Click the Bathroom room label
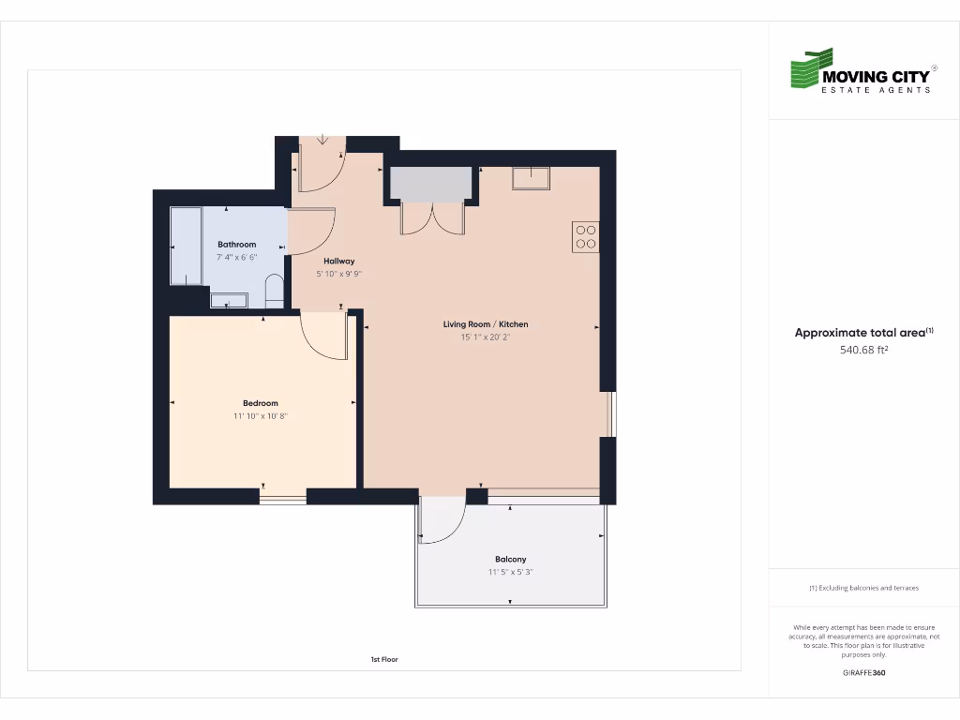(x=236, y=245)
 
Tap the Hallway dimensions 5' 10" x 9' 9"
(x=338, y=275)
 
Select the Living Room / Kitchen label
(x=485, y=324)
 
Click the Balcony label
(x=511, y=560)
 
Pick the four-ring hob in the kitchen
(x=586, y=236)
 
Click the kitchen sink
(x=531, y=177)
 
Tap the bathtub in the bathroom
(x=186, y=246)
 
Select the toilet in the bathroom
(x=275, y=291)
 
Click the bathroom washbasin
(x=229, y=300)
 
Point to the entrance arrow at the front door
(x=322, y=140)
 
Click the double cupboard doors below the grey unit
(x=432, y=218)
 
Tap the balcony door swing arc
(x=442, y=521)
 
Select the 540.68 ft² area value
(x=863, y=351)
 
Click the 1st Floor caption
(x=384, y=660)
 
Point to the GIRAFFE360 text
(x=863, y=673)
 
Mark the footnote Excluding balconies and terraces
(x=863, y=588)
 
